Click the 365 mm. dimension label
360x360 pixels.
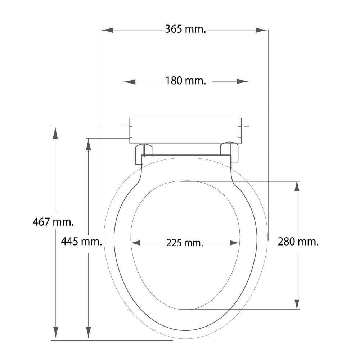[185, 30]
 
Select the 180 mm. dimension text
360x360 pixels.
[185, 81]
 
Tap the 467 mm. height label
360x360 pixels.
[53, 222]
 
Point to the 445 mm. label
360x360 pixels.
[81, 242]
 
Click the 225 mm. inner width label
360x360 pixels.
[185, 243]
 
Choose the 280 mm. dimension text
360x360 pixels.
[298, 242]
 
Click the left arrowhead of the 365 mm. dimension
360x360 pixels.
[107, 30]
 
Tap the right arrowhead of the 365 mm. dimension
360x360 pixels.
[261, 30]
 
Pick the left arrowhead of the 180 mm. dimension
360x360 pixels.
[129, 81]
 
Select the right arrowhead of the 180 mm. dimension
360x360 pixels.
[242, 81]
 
